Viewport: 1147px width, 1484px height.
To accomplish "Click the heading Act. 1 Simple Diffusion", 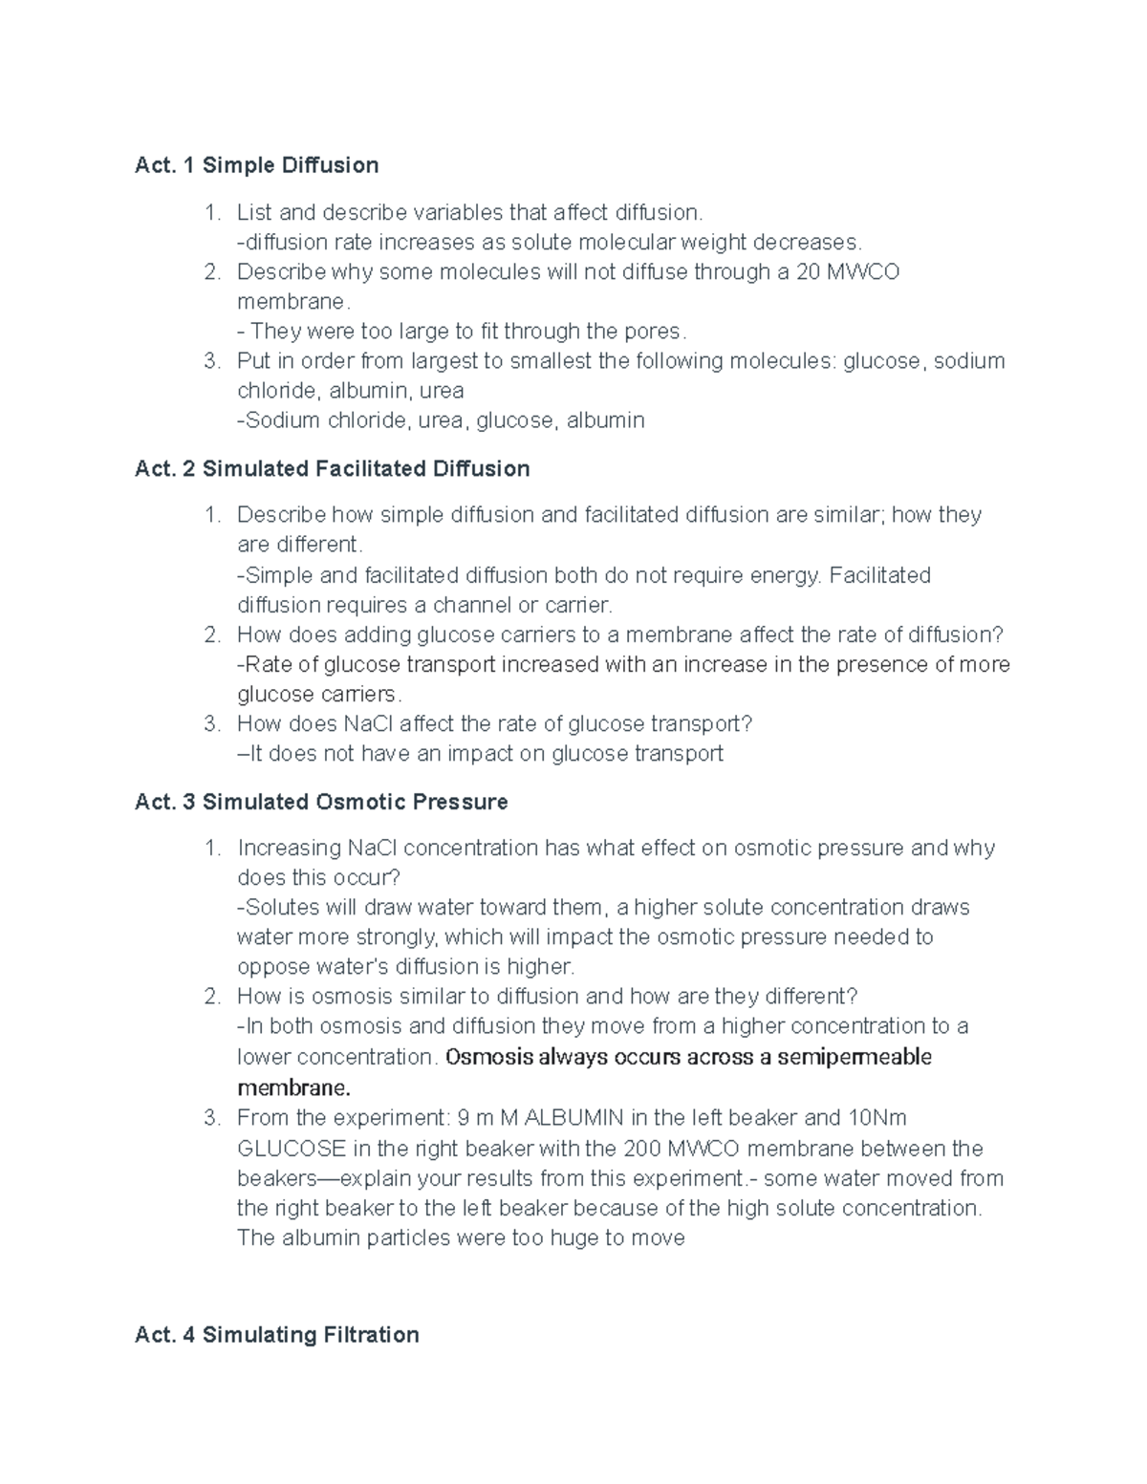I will pos(256,165).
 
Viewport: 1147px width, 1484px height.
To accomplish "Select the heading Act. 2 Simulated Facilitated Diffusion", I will pos(332,468).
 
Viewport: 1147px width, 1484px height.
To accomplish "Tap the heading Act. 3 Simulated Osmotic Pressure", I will pos(321,802).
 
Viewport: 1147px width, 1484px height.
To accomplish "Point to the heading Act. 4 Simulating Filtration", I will pos(277,1334).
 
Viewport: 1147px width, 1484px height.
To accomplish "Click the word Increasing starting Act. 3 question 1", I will pos(289,848).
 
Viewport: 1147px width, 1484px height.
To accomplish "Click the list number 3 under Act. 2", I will pos(212,723).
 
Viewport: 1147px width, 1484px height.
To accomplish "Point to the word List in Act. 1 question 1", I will pos(253,211).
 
